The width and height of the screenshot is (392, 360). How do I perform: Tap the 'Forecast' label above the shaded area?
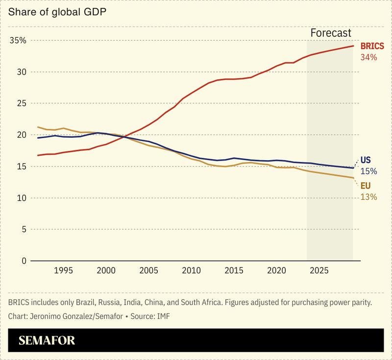click(331, 33)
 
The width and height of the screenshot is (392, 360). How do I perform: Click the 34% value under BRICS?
click(368, 57)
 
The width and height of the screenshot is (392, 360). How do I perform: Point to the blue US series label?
click(366, 160)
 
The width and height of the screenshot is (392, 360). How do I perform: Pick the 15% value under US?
click(368, 171)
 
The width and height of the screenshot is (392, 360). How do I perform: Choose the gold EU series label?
click(366, 186)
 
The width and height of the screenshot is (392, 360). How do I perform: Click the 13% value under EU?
click(368, 197)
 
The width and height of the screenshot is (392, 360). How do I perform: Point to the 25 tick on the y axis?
click(20, 103)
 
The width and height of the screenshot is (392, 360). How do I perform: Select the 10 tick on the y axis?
click(20, 198)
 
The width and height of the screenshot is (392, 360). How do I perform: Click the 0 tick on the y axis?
click(23, 261)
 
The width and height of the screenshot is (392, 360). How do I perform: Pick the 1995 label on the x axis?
click(63, 270)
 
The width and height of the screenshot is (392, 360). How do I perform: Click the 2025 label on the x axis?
click(319, 270)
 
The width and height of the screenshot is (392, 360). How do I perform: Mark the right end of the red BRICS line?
click(353, 46)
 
